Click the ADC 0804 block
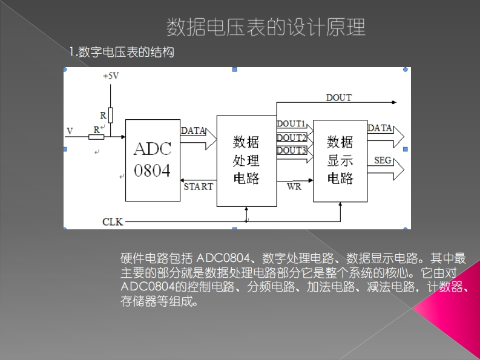[153, 160]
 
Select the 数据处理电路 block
[246, 160]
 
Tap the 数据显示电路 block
[340, 160]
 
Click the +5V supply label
[111, 76]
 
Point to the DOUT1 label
[291, 123]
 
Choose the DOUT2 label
[291, 137]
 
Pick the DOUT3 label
[291, 150]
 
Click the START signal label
[198, 187]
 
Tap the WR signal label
[294, 187]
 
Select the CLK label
[113, 221]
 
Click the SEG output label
[383, 160]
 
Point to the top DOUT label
[338, 97]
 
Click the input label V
[70, 131]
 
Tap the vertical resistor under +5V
[111, 114]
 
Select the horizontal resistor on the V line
[96, 137]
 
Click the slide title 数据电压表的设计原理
[266, 27]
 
